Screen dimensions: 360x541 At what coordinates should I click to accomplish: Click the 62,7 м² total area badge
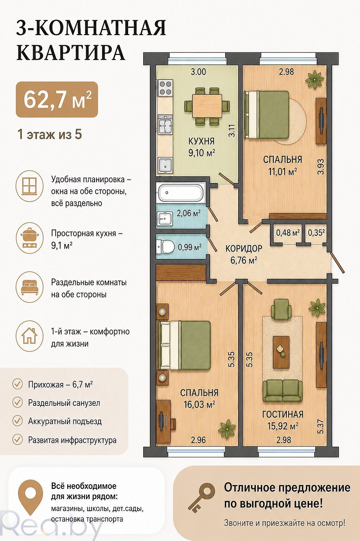click(x=57, y=100)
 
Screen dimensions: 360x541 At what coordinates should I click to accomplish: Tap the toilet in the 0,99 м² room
click(x=165, y=247)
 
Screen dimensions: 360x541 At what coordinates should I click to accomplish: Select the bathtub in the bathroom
click(x=180, y=193)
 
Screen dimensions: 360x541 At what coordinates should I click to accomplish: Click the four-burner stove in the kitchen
click(x=165, y=88)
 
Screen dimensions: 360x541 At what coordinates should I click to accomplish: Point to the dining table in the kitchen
click(x=207, y=106)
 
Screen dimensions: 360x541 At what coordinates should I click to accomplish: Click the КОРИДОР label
click(x=244, y=249)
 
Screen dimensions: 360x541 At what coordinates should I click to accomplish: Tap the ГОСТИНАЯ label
click(x=283, y=414)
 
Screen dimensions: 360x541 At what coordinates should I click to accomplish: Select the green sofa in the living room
click(x=283, y=391)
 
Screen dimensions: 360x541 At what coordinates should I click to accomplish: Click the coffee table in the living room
click(x=281, y=352)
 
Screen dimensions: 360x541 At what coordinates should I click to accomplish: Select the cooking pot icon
click(x=30, y=238)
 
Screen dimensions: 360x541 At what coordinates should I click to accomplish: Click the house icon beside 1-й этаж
click(x=30, y=335)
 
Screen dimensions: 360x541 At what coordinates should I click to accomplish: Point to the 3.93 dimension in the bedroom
click(x=321, y=166)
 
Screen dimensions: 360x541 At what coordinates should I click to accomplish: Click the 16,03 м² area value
click(x=200, y=404)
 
